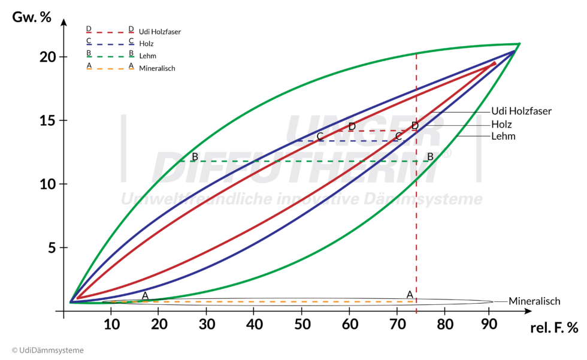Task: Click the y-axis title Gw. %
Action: tap(32, 17)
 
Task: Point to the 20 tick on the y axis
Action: tap(49, 57)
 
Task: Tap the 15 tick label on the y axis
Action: tap(49, 120)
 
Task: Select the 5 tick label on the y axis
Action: tap(52, 247)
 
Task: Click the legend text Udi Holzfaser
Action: tap(160, 32)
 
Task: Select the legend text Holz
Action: tap(146, 44)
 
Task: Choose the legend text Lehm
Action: tap(147, 56)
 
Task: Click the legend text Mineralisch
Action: tap(157, 68)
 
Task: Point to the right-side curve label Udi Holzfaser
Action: tap(521, 111)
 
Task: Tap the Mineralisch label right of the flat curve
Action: tap(535, 301)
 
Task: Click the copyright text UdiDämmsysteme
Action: tap(48, 350)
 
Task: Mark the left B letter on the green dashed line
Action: tap(195, 157)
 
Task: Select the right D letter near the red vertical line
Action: tap(414, 126)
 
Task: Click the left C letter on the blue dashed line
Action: tap(320, 137)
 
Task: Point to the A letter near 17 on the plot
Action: tap(145, 295)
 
